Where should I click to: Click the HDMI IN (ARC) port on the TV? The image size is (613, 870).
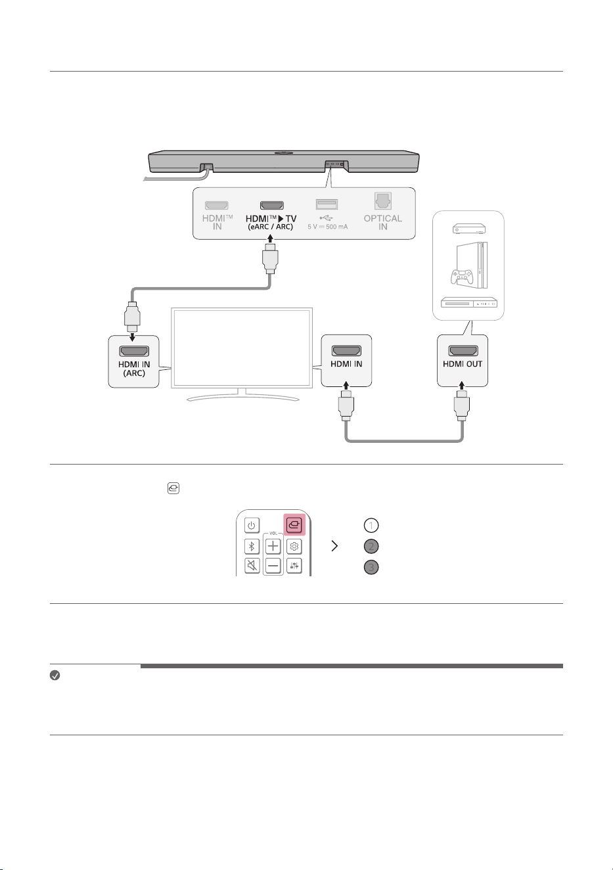pos(134,351)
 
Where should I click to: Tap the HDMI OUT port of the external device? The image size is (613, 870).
pos(463,350)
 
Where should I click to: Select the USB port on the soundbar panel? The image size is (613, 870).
pos(327,204)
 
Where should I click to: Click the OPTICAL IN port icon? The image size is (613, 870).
pos(382,201)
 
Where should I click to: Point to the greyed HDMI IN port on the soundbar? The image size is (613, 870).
pos(217,205)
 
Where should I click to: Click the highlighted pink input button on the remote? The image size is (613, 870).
pos(294,525)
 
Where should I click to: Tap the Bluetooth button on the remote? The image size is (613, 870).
pos(252,547)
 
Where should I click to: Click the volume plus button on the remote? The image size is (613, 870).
pos(273,547)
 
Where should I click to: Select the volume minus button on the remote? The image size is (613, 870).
pos(273,566)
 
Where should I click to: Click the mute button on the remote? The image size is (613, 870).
pos(252,566)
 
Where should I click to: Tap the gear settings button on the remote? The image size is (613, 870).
pos(294,547)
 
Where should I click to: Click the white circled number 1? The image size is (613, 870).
pos(371,526)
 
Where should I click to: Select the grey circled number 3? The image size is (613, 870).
pos(371,568)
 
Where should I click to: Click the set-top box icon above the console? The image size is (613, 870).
pos(469,229)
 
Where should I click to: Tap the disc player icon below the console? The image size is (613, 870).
pos(469,302)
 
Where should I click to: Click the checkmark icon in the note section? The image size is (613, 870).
pos(55,675)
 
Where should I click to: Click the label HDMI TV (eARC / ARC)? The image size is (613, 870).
pos(271,222)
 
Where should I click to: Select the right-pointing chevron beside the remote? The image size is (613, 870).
pos(334,546)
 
